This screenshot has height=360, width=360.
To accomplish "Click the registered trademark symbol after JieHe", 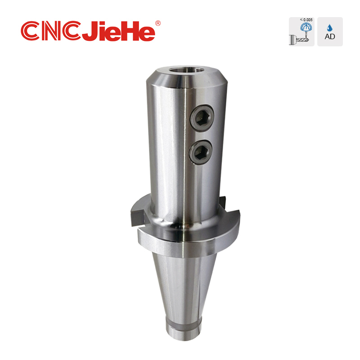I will click(x=157, y=23).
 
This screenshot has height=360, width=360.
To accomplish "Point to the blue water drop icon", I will click(x=330, y=27).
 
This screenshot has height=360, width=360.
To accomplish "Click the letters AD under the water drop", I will click(x=330, y=37).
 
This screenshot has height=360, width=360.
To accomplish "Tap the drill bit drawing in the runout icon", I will click(x=301, y=41).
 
